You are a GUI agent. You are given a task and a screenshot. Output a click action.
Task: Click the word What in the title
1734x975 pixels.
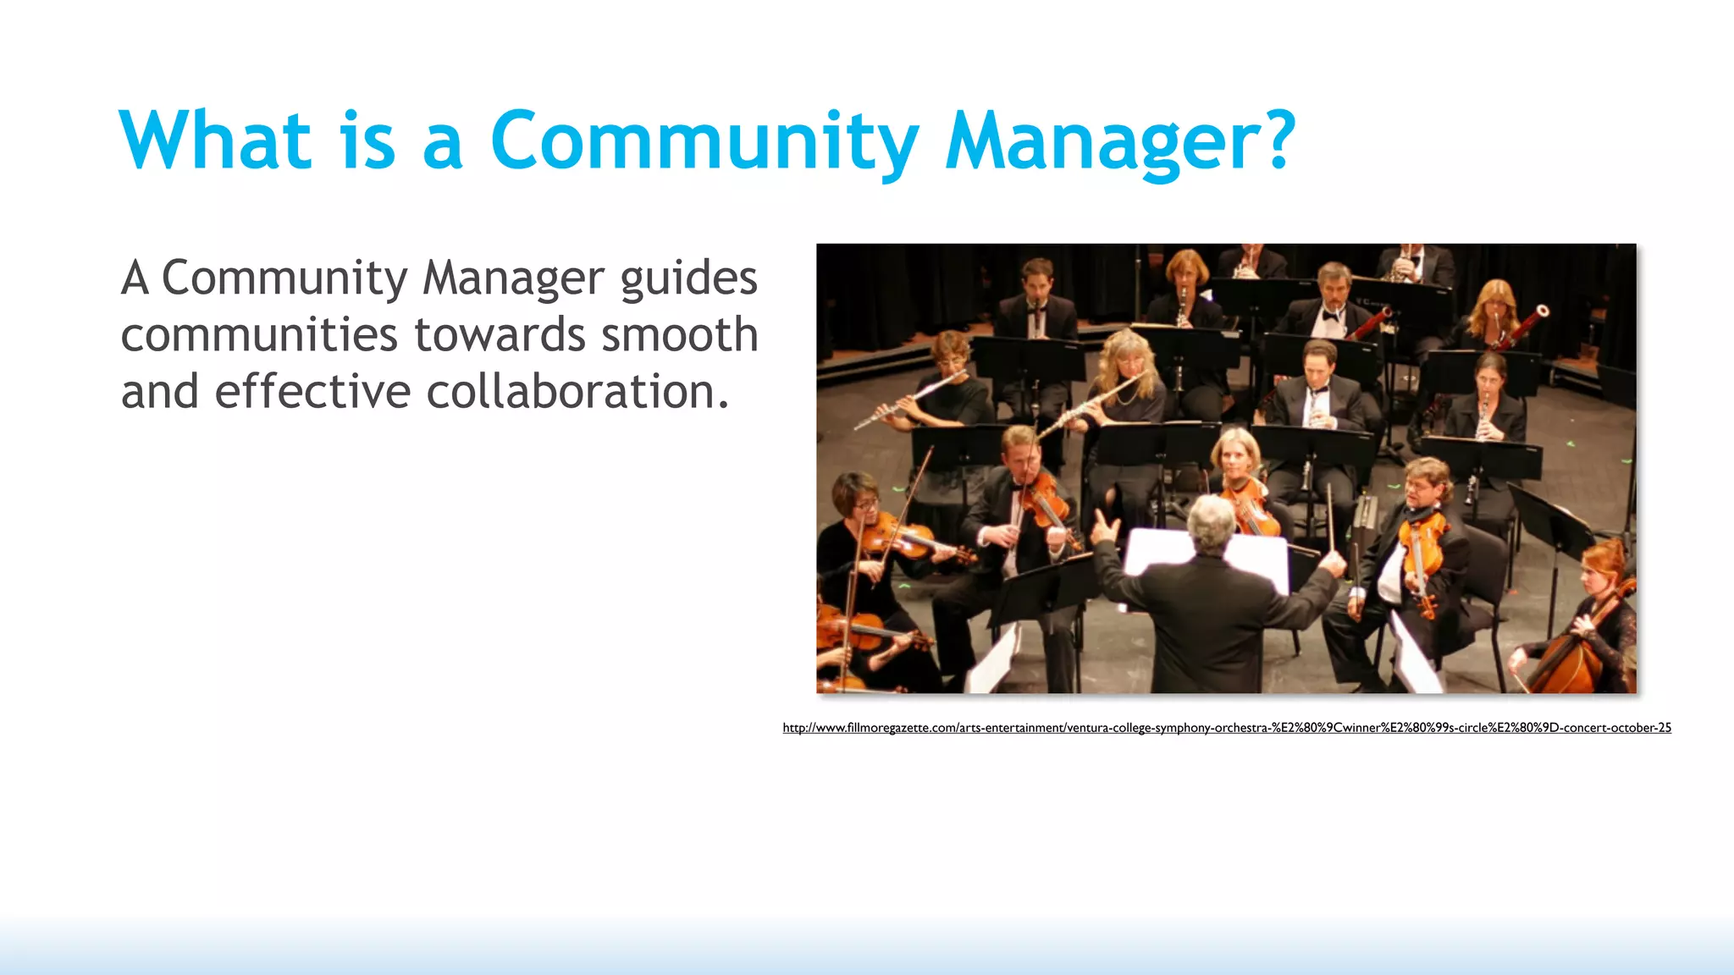(216, 140)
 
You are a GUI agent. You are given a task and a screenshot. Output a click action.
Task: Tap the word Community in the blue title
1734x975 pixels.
(704, 140)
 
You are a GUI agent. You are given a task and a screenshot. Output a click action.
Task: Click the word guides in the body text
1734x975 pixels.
(688, 279)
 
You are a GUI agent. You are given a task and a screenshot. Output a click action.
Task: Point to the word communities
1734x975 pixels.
(259, 335)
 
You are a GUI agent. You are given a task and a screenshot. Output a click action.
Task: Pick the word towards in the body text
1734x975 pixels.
(499, 335)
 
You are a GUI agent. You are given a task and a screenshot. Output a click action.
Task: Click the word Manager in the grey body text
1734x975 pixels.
(513, 278)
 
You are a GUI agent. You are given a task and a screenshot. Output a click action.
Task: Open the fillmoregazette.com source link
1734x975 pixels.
(1226, 728)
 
